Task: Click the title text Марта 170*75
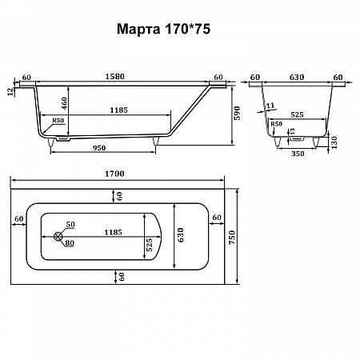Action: click(x=163, y=29)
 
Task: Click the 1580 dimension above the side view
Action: click(x=114, y=77)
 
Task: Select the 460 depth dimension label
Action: click(x=64, y=103)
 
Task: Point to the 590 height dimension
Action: click(x=237, y=113)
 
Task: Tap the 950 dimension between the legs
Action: click(x=99, y=148)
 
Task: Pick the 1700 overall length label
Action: click(x=114, y=174)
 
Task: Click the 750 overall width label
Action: click(x=232, y=238)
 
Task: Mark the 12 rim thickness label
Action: click(x=10, y=92)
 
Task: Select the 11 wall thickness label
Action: click(x=270, y=106)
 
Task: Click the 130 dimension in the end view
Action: click(x=334, y=142)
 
